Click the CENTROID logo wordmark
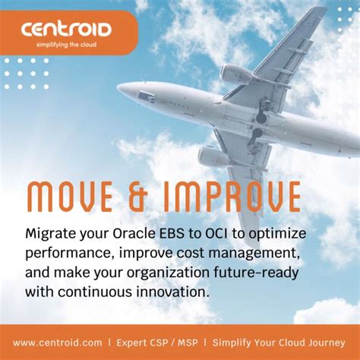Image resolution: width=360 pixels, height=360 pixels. pos(66,30)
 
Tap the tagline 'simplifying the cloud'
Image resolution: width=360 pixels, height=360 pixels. pos(66,45)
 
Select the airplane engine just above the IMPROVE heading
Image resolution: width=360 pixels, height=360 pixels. pos(211,157)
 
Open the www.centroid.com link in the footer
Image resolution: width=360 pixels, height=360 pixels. pos(58,343)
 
